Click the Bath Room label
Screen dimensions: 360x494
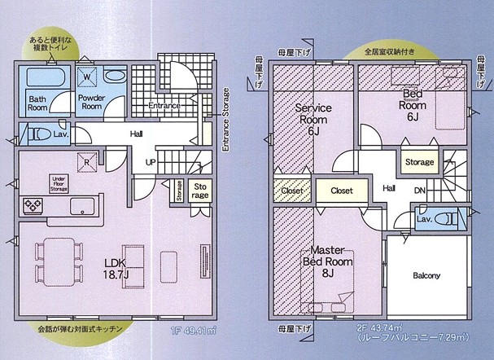coord(37,103)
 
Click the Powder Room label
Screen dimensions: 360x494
coord(94,103)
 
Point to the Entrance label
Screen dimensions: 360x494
coord(164,106)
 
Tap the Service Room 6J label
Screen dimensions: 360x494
coord(311,118)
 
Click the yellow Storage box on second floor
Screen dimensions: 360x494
coord(419,162)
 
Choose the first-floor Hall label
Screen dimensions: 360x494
coord(137,134)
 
